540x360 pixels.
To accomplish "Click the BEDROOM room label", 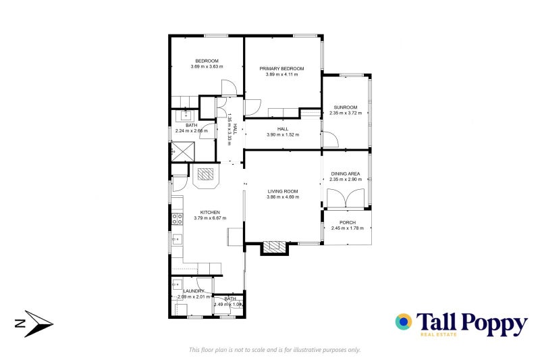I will (x=207, y=61).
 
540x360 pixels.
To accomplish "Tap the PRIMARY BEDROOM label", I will (x=281, y=68).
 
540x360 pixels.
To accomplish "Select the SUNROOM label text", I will (x=346, y=107).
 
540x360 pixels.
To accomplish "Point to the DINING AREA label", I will (x=346, y=174).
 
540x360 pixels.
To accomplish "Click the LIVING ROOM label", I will (x=282, y=191).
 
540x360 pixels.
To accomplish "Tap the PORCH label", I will (x=348, y=222).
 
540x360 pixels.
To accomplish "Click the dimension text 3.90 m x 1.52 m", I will (x=282, y=134).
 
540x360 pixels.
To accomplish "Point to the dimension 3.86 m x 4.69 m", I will (x=282, y=197).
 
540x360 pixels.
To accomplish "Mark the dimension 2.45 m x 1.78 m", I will (x=348, y=228).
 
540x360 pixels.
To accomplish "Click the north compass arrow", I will (x=34, y=325).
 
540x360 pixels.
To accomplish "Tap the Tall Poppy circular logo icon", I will (x=404, y=322).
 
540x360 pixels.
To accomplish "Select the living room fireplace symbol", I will (x=273, y=247).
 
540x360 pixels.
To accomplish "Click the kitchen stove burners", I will (x=178, y=218).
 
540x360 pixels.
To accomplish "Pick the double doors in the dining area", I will (x=346, y=198).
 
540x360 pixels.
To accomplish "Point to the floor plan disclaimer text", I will (x=275, y=349).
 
